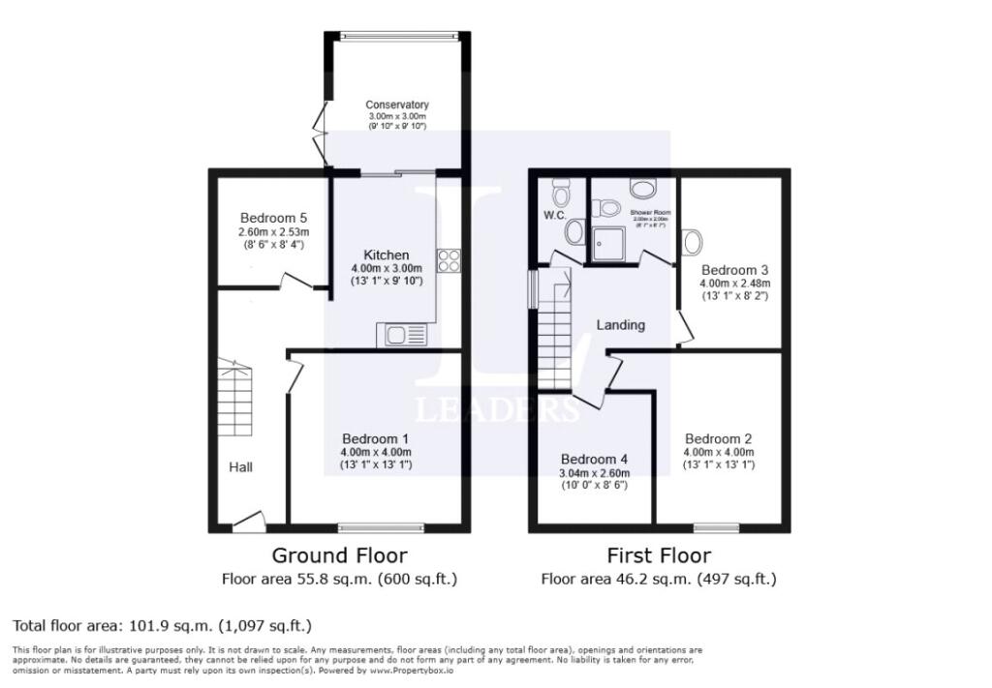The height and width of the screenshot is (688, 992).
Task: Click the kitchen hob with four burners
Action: tap(449, 259)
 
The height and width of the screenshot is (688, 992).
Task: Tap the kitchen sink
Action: tap(402, 335)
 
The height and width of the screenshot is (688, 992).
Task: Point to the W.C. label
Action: tap(554, 215)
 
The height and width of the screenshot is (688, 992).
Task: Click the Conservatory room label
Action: tap(396, 105)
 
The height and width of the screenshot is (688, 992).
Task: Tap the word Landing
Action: tap(620, 325)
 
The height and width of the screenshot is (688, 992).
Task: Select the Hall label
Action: tap(240, 467)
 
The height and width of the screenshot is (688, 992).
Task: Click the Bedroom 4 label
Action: tap(594, 459)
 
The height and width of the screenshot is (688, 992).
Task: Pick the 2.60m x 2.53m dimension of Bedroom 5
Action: tap(273, 232)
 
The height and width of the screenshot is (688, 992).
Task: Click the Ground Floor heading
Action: tap(339, 555)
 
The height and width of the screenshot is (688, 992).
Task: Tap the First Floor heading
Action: tap(659, 555)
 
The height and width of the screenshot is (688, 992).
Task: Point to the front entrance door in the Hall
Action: tap(249, 523)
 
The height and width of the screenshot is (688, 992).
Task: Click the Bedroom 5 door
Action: tap(294, 282)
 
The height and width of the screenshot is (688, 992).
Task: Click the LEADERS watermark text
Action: tap(497, 409)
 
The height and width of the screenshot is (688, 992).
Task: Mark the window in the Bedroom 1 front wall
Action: tap(381, 528)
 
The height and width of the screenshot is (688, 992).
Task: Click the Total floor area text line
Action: tap(162, 625)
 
